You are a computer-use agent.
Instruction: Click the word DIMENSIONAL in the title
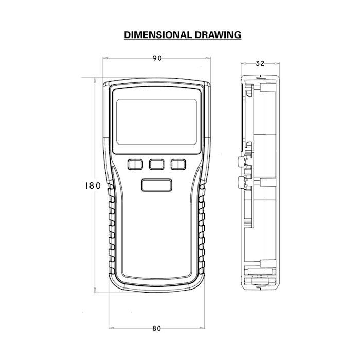click(157, 35)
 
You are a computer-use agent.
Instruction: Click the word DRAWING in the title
click(218, 35)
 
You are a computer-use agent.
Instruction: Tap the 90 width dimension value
click(157, 58)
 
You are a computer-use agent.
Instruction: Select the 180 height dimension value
click(93, 186)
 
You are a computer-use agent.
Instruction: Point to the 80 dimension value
click(157, 329)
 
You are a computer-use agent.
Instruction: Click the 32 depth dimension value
click(260, 64)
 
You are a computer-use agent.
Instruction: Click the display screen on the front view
click(156, 122)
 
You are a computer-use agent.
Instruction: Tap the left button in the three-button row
click(135, 165)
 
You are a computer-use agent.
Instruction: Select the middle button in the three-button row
click(156, 165)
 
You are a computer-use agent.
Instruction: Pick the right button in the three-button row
click(178, 165)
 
